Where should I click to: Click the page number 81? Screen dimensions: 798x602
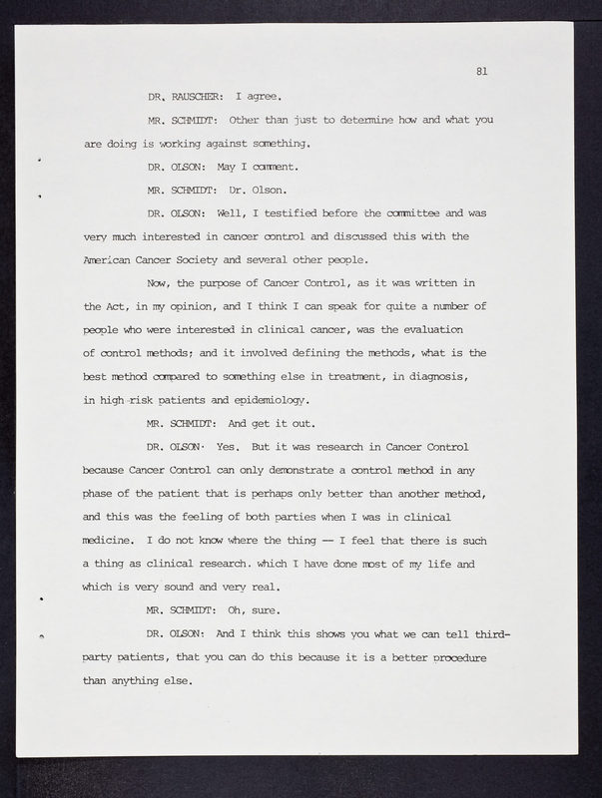click(x=481, y=71)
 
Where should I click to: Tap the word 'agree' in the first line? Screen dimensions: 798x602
click(x=269, y=97)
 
